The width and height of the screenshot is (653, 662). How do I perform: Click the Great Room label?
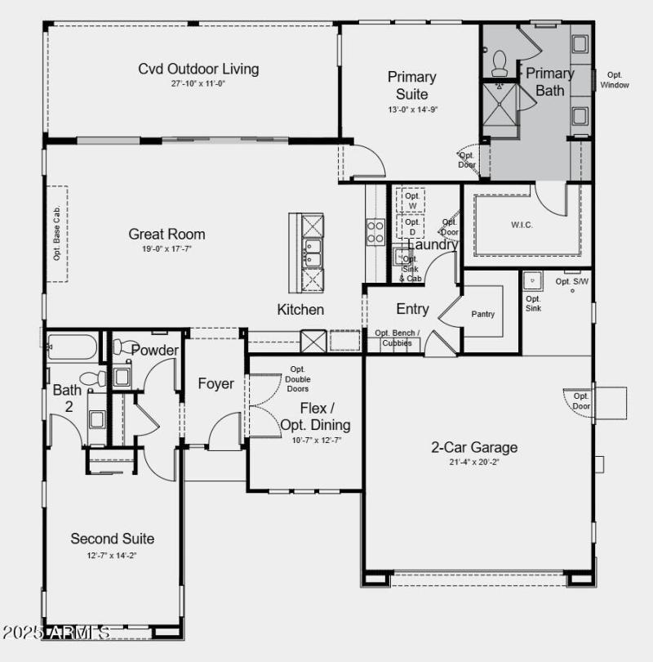point(167,235)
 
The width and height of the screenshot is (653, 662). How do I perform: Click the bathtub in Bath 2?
point(72,347)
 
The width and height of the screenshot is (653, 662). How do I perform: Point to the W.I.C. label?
point(522,225)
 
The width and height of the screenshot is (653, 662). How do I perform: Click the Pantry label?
point(482,314)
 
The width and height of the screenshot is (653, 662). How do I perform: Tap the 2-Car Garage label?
point(474,447)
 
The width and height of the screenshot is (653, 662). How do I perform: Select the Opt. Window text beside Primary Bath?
point(615,80)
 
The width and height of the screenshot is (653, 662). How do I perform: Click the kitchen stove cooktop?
point(375,232)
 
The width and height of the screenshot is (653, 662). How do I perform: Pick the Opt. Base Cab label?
point(57,234)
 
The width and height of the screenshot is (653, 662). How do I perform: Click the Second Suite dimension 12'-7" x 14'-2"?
point(112,556)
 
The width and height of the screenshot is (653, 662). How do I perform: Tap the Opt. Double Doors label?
point(297,378)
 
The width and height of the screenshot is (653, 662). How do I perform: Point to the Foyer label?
point(215,384)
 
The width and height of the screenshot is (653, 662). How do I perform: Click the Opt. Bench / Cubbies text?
point(398,338)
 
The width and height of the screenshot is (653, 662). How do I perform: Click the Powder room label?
point(155,351)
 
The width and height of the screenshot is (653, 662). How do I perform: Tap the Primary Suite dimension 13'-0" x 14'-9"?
point(411,110)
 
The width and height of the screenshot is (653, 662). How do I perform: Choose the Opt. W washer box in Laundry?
point(412,200)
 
